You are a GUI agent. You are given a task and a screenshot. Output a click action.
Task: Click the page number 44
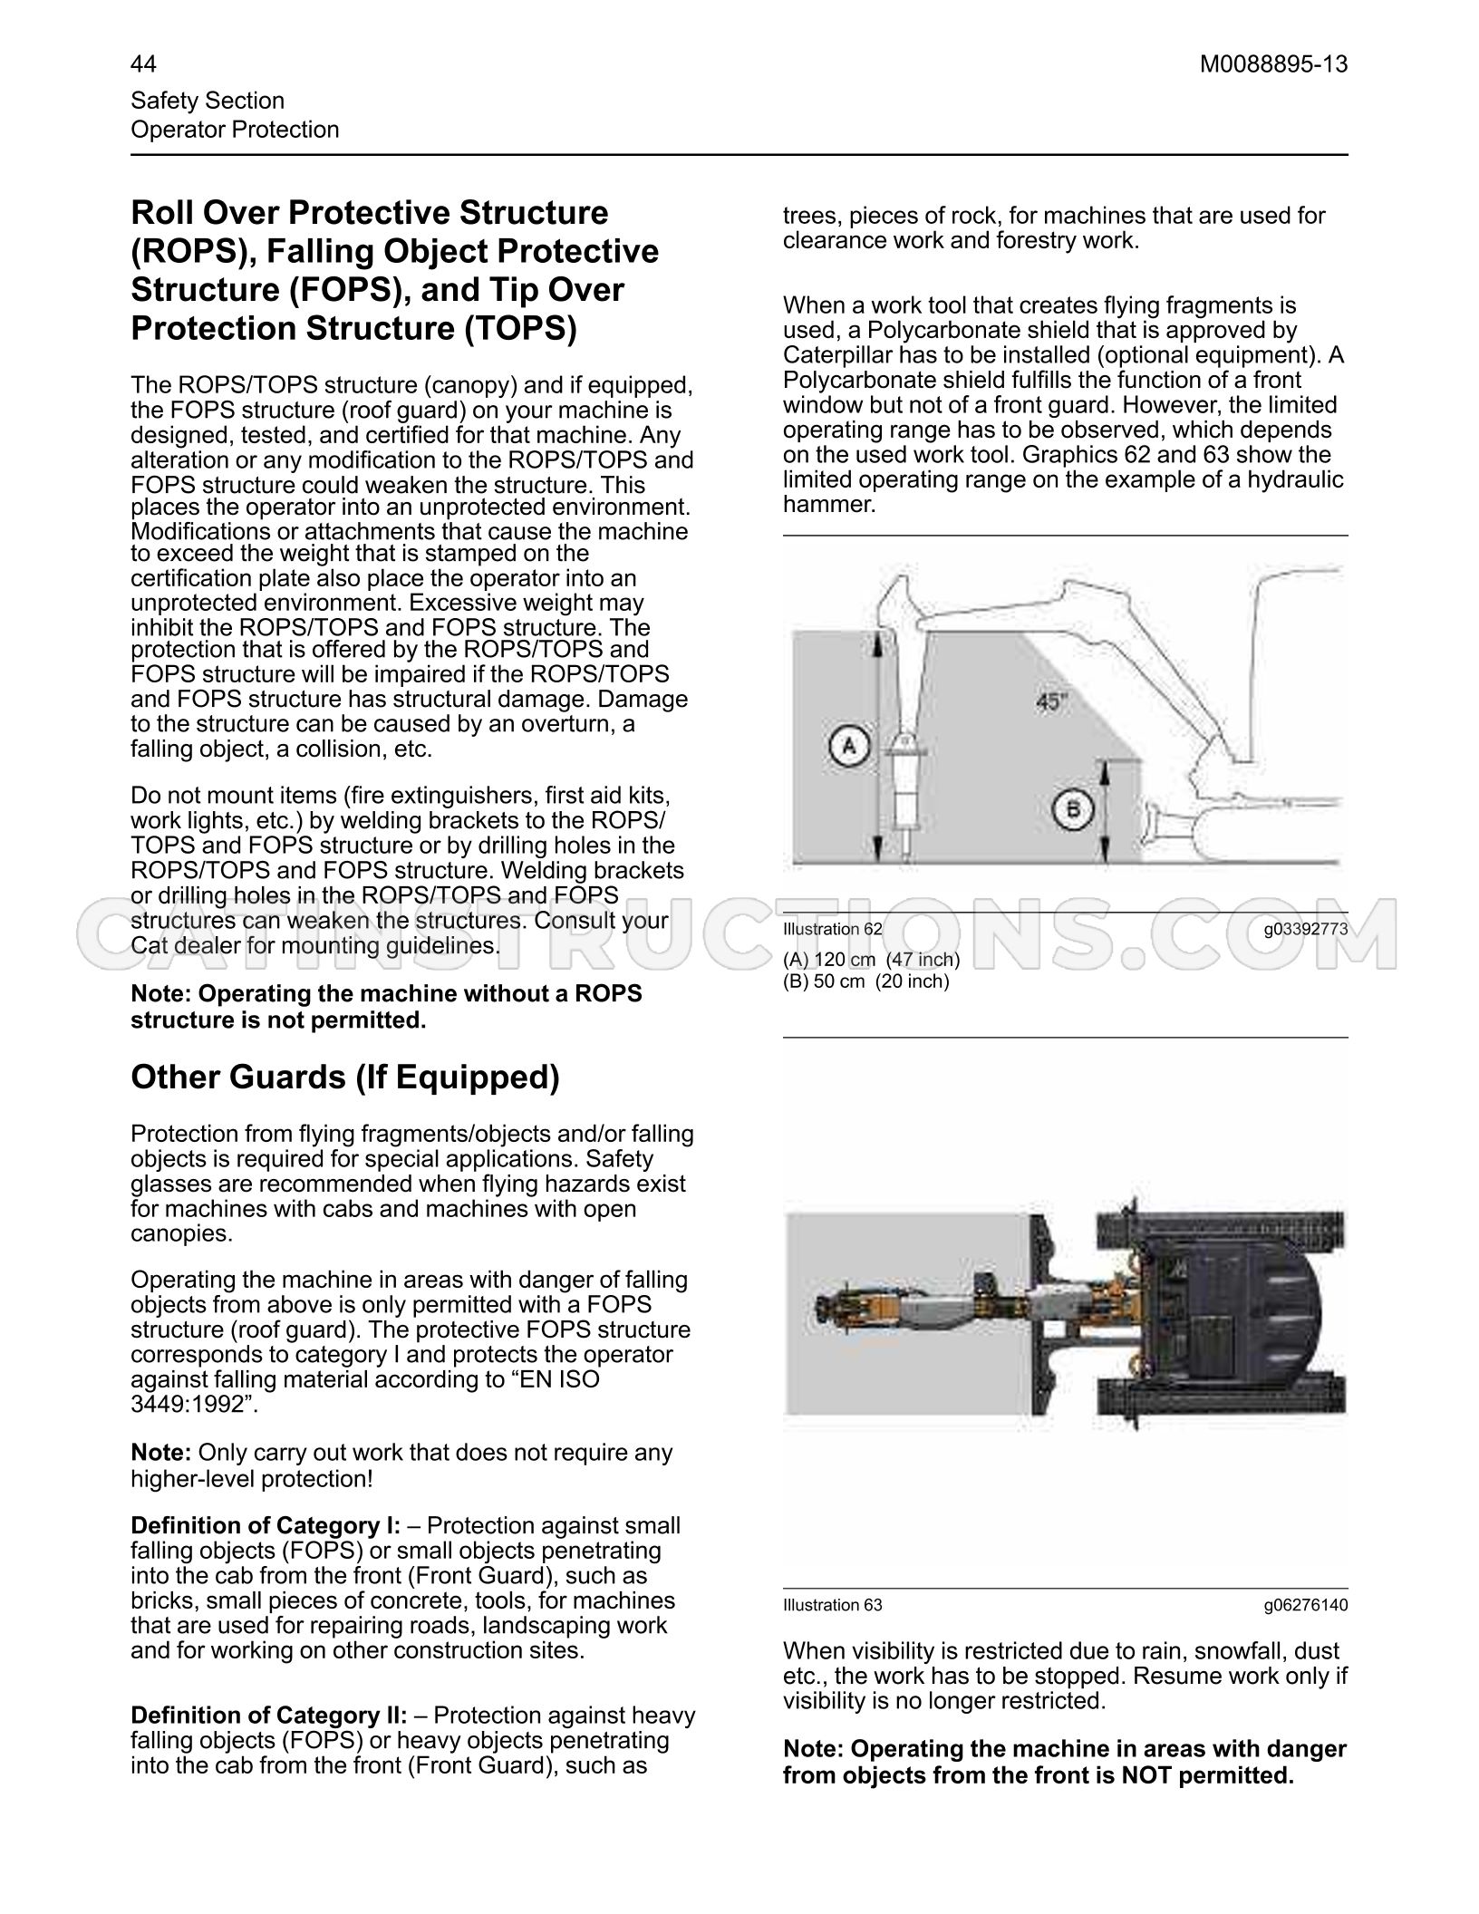click(143, 64)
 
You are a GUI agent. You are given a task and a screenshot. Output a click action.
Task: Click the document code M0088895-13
click(1273, 64)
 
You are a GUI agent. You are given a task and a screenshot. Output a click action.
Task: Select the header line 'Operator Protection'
click(235, 130)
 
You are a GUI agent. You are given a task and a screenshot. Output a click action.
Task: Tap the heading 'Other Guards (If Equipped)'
click(345, 1078)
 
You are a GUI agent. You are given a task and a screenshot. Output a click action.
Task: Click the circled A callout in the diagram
click(849, 746)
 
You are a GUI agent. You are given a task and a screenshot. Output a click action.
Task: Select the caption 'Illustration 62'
click(832, 929)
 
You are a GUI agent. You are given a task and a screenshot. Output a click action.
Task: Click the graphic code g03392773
click(1306, 929)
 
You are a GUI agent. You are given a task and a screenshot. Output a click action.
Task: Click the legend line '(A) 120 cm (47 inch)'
click(871, 960)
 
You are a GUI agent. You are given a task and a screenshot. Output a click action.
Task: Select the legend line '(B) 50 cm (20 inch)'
click(865, 981)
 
